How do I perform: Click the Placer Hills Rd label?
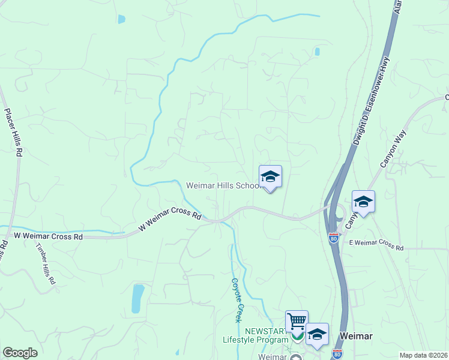tap(13, 133)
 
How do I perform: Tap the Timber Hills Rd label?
tap(46, 264)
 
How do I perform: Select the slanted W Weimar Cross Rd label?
tap(170, 219)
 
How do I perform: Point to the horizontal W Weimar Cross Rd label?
tap(48, 237)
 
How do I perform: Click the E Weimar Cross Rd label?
tap(376, 246)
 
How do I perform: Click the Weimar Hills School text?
tap(222, 185)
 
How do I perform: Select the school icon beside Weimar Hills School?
tap(270, 176)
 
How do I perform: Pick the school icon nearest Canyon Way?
tap(363, 202)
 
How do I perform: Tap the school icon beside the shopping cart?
tap(317, 334)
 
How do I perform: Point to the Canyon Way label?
tap(392, 149)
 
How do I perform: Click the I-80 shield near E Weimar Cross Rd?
tap(333, 238)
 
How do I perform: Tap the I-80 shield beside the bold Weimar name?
tap(337, 354)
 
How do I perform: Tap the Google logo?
tap(20, 353)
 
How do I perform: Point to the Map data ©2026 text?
tap(423, 355)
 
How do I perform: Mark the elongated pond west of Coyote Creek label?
tap(137, 298)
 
